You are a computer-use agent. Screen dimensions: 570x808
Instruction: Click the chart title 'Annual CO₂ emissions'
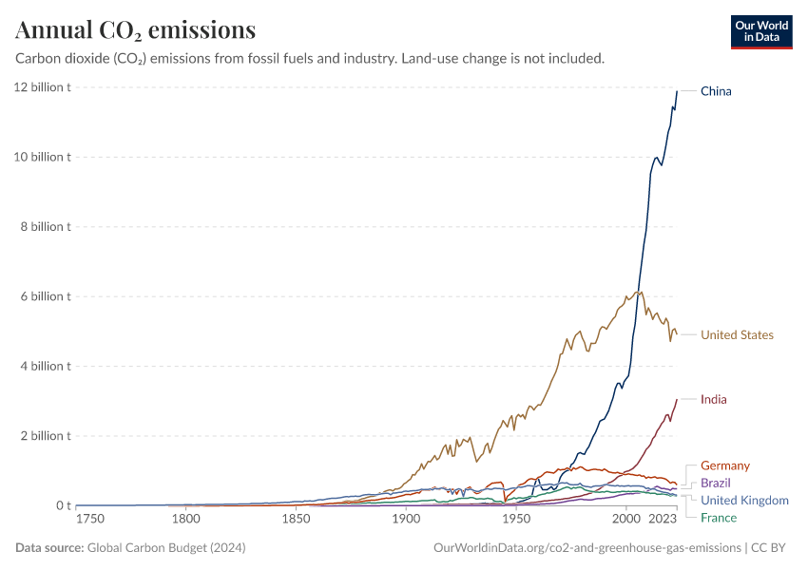coord(135,30)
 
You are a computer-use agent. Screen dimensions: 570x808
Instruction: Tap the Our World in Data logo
coord(760,31)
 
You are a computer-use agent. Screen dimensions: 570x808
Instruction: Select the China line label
coord(716,91)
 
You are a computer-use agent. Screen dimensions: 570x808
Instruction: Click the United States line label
coord(737,334)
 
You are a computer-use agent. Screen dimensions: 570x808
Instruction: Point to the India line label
coord(713,399)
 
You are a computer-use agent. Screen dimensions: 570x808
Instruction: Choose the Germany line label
coord(724,465)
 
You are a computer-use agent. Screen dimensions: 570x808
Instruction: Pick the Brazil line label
coord(716,483)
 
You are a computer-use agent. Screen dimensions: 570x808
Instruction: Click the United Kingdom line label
coord(744,500)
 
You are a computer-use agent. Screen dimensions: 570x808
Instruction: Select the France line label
coord(718,517)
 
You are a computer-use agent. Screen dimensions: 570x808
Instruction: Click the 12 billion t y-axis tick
coord(41,87)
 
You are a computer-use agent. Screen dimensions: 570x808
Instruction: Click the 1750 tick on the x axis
coord(90,519)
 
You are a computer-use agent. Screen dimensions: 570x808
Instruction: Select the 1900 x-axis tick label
coord(406,519)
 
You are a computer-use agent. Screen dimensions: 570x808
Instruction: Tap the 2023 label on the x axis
coord(662,519)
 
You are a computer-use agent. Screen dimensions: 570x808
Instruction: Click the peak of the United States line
coord(641,292)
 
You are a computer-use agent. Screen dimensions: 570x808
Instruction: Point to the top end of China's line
coord(677,91)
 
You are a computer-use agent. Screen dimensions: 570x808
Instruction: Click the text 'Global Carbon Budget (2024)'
coord(166,547)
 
